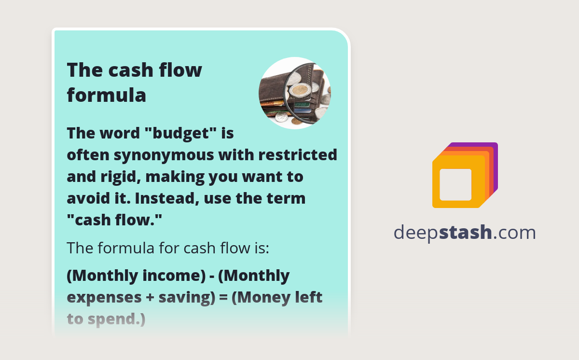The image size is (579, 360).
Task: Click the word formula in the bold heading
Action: coord(106,95)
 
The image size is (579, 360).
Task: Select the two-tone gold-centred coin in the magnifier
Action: coord(300,90)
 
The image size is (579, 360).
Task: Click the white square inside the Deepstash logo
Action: coord(455,184)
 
